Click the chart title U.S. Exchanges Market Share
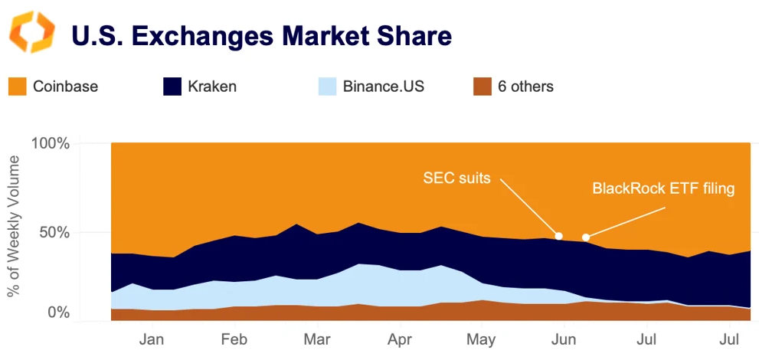click(261, 35)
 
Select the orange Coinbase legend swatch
click(17, 87)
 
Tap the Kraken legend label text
click(212, 87)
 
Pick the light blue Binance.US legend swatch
click(328, 87)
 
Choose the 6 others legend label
click(525, 87)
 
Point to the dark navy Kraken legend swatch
click(172, 87)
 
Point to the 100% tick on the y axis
click(51, 144)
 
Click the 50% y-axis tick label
click(54, 232)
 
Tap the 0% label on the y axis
click(59, 313)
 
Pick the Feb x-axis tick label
click(233, 339)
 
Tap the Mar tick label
click(316, 339)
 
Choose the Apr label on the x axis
click(398, 339)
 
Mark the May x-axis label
click(481, 339)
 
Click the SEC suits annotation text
click(458, 178)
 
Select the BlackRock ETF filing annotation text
click(663, 188)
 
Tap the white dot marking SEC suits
click(559, 235)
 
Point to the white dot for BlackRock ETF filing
click(586, 237)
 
